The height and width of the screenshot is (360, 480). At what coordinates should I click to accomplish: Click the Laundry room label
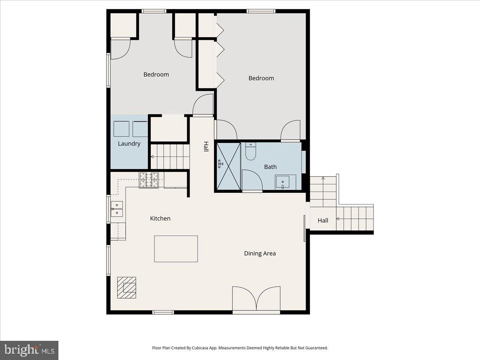(129, 144)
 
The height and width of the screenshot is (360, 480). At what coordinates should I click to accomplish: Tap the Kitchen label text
(160, 218)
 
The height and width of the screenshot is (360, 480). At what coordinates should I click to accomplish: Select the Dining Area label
(260, 253)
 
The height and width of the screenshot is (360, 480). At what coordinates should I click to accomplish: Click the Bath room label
(270, 167)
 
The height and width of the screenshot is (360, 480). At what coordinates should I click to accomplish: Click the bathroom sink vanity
(285, 182)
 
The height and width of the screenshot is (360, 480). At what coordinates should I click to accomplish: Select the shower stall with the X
(228, 166)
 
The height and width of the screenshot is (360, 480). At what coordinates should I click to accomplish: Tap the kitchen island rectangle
(176, 249)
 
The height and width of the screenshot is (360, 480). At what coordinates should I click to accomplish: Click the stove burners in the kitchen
(149, 180)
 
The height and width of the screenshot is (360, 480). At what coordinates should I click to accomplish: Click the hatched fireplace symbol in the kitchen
(126, 288)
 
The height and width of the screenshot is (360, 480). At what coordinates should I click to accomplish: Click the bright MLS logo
(29, 350)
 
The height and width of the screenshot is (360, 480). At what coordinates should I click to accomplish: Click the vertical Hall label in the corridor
(206, 146)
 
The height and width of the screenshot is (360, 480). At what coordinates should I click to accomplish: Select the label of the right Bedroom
(261, 78)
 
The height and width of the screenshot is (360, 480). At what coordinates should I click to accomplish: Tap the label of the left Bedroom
(156, 74)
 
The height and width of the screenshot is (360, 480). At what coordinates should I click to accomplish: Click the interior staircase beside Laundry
(170, 156)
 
